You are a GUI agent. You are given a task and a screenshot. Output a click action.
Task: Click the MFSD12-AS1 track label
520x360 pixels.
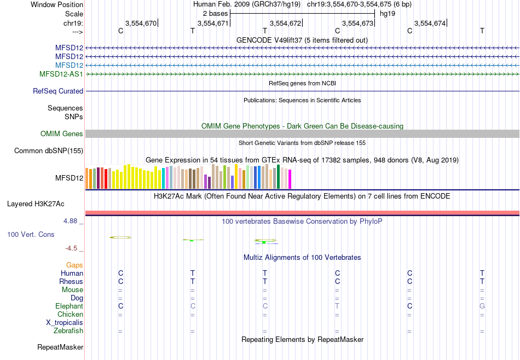61,74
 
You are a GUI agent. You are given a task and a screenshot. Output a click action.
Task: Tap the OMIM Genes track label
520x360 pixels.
62,133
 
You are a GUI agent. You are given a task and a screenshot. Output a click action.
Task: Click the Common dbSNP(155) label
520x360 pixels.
49,150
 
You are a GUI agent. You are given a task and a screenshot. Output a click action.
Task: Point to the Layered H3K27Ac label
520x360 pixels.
36,204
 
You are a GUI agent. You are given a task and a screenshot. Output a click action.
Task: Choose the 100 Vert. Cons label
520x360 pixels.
31,234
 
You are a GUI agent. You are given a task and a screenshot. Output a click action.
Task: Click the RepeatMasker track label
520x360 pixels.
60,347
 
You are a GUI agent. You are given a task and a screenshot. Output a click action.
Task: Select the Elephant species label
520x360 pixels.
69,306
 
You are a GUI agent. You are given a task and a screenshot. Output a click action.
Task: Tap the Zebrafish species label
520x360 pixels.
68,331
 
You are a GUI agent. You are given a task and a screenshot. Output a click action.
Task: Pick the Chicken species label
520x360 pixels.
70,315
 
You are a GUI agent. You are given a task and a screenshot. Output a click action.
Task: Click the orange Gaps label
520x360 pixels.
74,265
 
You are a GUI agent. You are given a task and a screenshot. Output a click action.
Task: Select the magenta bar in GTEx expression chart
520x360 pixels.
290,179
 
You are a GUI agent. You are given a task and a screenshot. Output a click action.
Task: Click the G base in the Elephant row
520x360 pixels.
482,306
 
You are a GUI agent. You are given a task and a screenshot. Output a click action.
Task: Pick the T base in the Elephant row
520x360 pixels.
337,306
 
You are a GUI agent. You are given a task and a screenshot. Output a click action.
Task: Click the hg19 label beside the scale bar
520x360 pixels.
388,13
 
